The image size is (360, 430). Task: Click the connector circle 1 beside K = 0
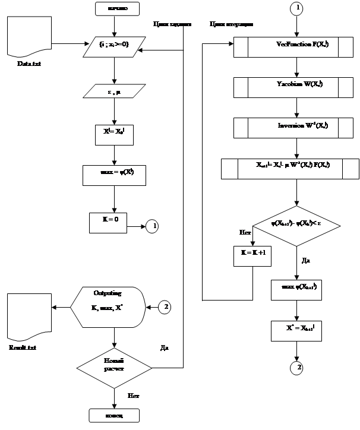click(x=153, y=226)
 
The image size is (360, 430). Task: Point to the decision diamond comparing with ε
click(x=295, y=225)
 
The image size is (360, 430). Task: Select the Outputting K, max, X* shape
click(x=109, y=306)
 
